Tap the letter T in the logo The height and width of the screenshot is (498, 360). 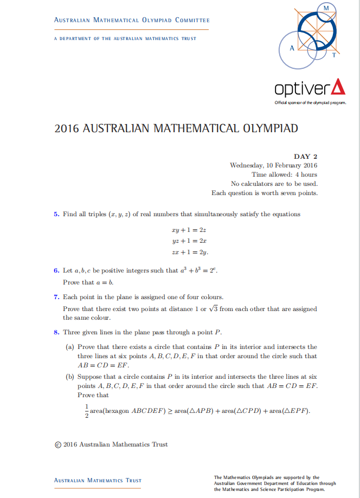(334, 54)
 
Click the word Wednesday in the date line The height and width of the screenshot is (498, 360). (247, 165)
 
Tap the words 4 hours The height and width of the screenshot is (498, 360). (306, 174)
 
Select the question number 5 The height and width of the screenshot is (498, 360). (56, 214)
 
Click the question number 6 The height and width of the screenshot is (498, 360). (56, 270)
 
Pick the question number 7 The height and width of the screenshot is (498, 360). (56, 297)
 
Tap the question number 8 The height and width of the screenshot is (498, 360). (56, 332)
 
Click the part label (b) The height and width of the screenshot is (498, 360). (69, 376)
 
